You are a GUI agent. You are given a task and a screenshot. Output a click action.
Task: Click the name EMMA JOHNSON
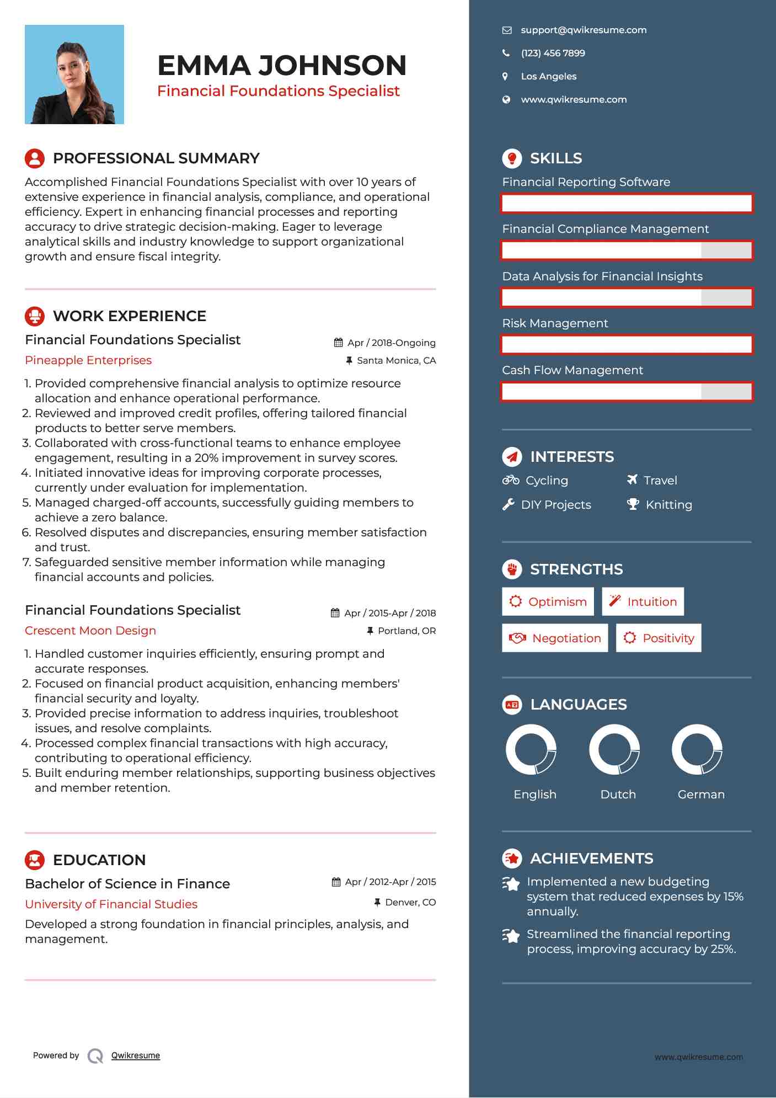pyautogui.click(x=282, y=66)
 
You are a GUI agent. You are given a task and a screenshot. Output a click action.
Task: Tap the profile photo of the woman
pyautogui.click(x=74, y=74)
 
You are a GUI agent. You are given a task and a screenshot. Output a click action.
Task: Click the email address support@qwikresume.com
pyautogui.click(x=584, y=30)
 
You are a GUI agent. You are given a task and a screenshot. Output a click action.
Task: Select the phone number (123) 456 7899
pyautogui.click(x=553, y=54)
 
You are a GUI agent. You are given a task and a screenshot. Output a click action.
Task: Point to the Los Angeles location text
pyautogui.click(x=548, y=77)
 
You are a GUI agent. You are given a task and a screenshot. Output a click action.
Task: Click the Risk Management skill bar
pyautogui.click(x=627, y=345)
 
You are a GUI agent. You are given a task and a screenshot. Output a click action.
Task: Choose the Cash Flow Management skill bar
pyautogui.click(x=627, y=392)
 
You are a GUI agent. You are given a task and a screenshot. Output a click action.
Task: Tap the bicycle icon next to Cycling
pyautogui.click(x=511, y=480)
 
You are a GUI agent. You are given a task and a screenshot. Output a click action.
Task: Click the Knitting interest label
pyautogui.click(x=668, y=505)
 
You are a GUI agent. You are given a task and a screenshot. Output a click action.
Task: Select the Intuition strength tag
pyautogui.click(x=643, y=602)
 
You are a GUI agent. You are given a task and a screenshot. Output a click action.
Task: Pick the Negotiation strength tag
pyautogui.click(x=555, y=638)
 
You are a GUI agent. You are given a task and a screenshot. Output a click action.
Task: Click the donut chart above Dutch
pyautogui.click(x=614, y=750)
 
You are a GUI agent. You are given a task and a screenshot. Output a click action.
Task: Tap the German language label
pyautogui.click(x=701, y=795)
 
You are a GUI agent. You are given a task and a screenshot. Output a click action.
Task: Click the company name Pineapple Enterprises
pyautogui.click(x=88, y=360)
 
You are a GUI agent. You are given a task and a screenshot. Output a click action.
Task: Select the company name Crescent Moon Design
pyautogui.click(x=90, y=631)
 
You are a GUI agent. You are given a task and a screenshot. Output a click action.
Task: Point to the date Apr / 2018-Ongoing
pyautogui.click(x=391, y=343)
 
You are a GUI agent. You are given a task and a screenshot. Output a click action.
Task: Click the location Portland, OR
pyautogui.click(x=406, y=631)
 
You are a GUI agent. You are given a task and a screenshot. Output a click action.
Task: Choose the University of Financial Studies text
pyautogui.click(x=111, y=904)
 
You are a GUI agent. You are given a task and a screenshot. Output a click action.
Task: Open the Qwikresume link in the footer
pyautogui.click(x=136, y=1056)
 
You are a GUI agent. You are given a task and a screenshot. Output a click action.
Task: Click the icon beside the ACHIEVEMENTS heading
pyautogui.click(x=512, y=859)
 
